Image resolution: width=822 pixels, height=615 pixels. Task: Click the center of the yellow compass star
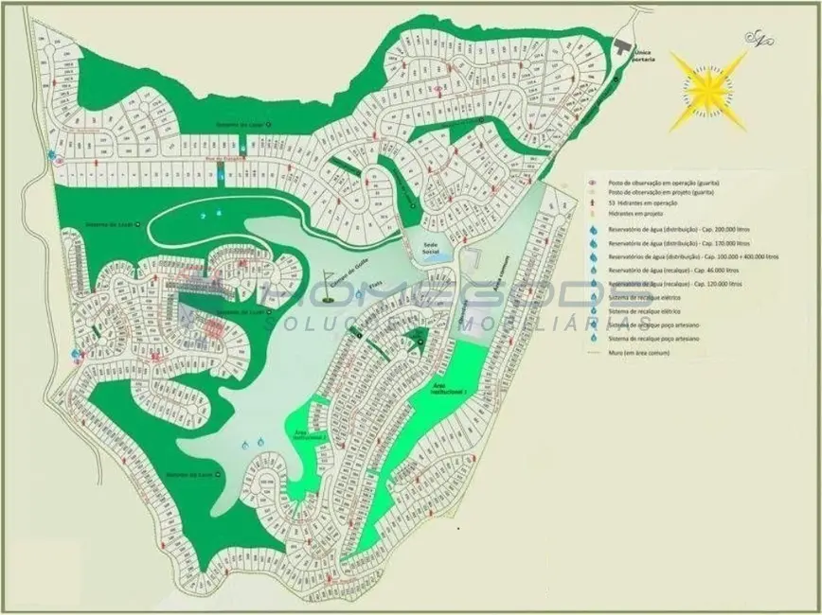(707, 90)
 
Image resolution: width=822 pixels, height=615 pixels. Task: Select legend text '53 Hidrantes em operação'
(643, 202)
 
